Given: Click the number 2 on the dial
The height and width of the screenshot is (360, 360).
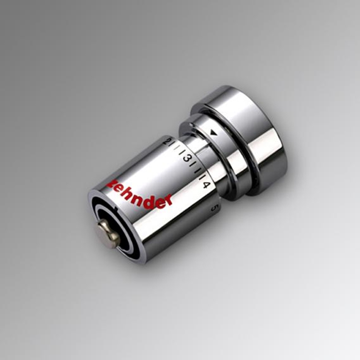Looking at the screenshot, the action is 170,141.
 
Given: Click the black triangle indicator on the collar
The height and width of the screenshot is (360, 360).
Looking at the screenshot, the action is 213,133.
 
